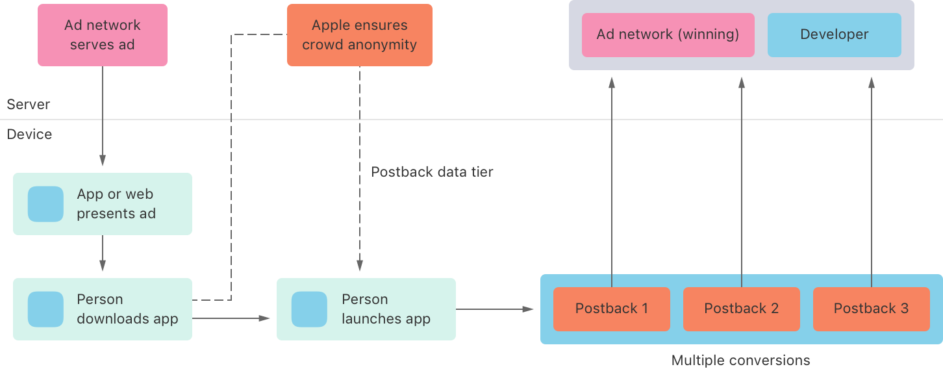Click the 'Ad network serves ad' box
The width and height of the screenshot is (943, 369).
102,35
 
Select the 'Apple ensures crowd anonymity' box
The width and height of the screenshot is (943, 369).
359,35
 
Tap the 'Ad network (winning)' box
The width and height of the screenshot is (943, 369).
668,35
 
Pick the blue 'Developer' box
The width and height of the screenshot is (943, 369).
834,35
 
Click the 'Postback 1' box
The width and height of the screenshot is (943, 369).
611,309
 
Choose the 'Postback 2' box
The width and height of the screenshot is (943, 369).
741,309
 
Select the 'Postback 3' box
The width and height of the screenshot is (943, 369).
871,309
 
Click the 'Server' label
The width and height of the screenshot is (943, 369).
28,105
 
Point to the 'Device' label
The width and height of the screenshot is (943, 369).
29,134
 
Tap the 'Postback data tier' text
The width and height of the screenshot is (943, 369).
432,172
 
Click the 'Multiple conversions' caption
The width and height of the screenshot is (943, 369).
740,360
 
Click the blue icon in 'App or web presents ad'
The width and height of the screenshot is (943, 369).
45,204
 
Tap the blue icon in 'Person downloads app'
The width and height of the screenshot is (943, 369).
45,309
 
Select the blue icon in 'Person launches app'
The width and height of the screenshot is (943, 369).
309,309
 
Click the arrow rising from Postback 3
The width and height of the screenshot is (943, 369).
871,182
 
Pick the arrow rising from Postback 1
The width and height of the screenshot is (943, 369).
611,182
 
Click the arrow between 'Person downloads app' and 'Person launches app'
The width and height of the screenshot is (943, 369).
231,318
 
